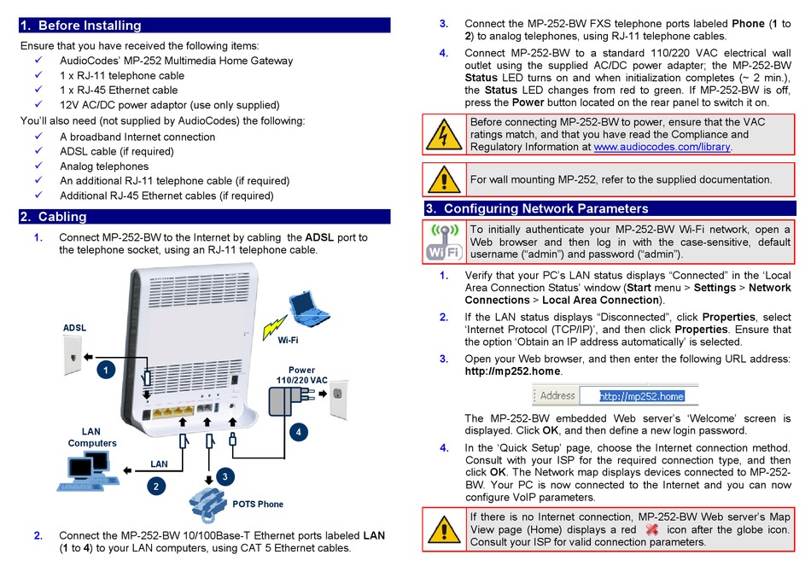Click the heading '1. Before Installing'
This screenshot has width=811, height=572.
tap(81, 26)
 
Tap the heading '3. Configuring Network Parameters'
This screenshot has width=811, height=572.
tap(546, 208)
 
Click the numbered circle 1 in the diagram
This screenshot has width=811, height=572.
tap(106, 370)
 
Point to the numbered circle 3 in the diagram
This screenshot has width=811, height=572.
tap(224, 476)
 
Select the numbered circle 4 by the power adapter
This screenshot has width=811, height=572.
tap(298, 432)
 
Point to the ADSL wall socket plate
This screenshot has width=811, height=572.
tap(73, 355)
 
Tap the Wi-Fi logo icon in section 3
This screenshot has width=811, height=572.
tap(443, 242)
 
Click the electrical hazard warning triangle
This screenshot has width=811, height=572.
tap(444, 134)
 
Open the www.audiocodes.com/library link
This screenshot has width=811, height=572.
tap(662, 147)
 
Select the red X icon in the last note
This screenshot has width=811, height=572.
tap(652, 529)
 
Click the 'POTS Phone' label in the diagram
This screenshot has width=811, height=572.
tap(257, 504)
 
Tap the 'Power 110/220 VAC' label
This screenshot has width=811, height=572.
tap(301, 376)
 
